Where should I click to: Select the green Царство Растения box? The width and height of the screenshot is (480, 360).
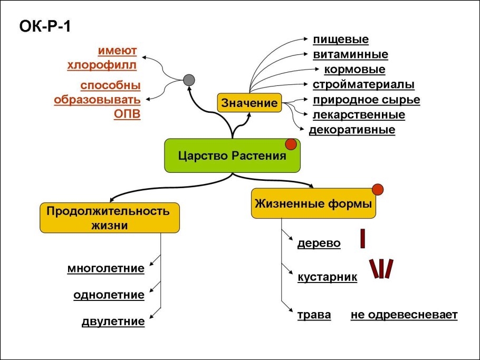(x=232, y=156)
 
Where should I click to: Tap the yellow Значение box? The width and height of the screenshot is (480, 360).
(x=249, y=103)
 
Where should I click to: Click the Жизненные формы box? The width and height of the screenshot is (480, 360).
(x=313, y=203)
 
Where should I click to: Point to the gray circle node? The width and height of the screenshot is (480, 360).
(x=189, y=80)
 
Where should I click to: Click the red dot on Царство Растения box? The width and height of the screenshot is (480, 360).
(x=290, y=144)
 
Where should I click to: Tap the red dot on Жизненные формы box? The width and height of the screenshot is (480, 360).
(x=377, y=189)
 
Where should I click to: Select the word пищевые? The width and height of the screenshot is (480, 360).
(x=340, y=40)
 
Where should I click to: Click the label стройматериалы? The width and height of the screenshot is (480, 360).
(x=363, y=84)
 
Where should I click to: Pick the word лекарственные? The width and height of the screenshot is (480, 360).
(x=359, y=114)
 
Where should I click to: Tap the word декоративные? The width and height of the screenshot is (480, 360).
(x=352, y=130)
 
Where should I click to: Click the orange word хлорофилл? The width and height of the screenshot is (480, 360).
(x=102, y=65)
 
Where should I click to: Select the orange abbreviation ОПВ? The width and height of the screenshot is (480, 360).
(x=128, y=114)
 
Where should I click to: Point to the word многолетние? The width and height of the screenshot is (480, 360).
(x=105, y=268)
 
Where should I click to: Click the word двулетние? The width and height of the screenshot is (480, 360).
(x=113, y=321)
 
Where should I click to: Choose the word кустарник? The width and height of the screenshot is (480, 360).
(x=327, y=277)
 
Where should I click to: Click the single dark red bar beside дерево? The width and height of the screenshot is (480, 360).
(x=363, y=238)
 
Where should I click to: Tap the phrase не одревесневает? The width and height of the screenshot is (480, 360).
(x=404, y=315)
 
